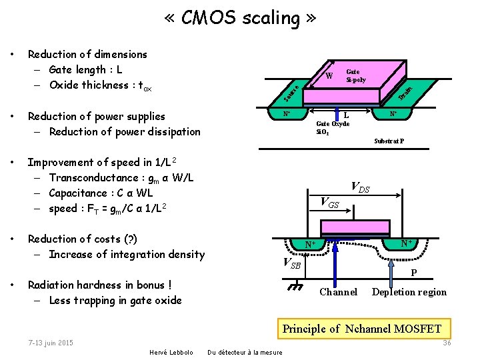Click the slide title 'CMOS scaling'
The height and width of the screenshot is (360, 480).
240,18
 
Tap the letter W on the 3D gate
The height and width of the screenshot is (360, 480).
329,75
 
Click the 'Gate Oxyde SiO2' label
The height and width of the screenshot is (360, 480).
332,127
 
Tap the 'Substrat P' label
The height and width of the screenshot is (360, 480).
389,141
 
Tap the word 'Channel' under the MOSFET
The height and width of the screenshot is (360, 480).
338,292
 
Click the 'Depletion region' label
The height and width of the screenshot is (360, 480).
409,292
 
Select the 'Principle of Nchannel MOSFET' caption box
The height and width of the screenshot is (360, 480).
362,329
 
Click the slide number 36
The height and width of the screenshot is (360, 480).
447,343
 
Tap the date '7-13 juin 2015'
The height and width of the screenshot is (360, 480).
51,343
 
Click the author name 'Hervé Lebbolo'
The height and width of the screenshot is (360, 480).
171,352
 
